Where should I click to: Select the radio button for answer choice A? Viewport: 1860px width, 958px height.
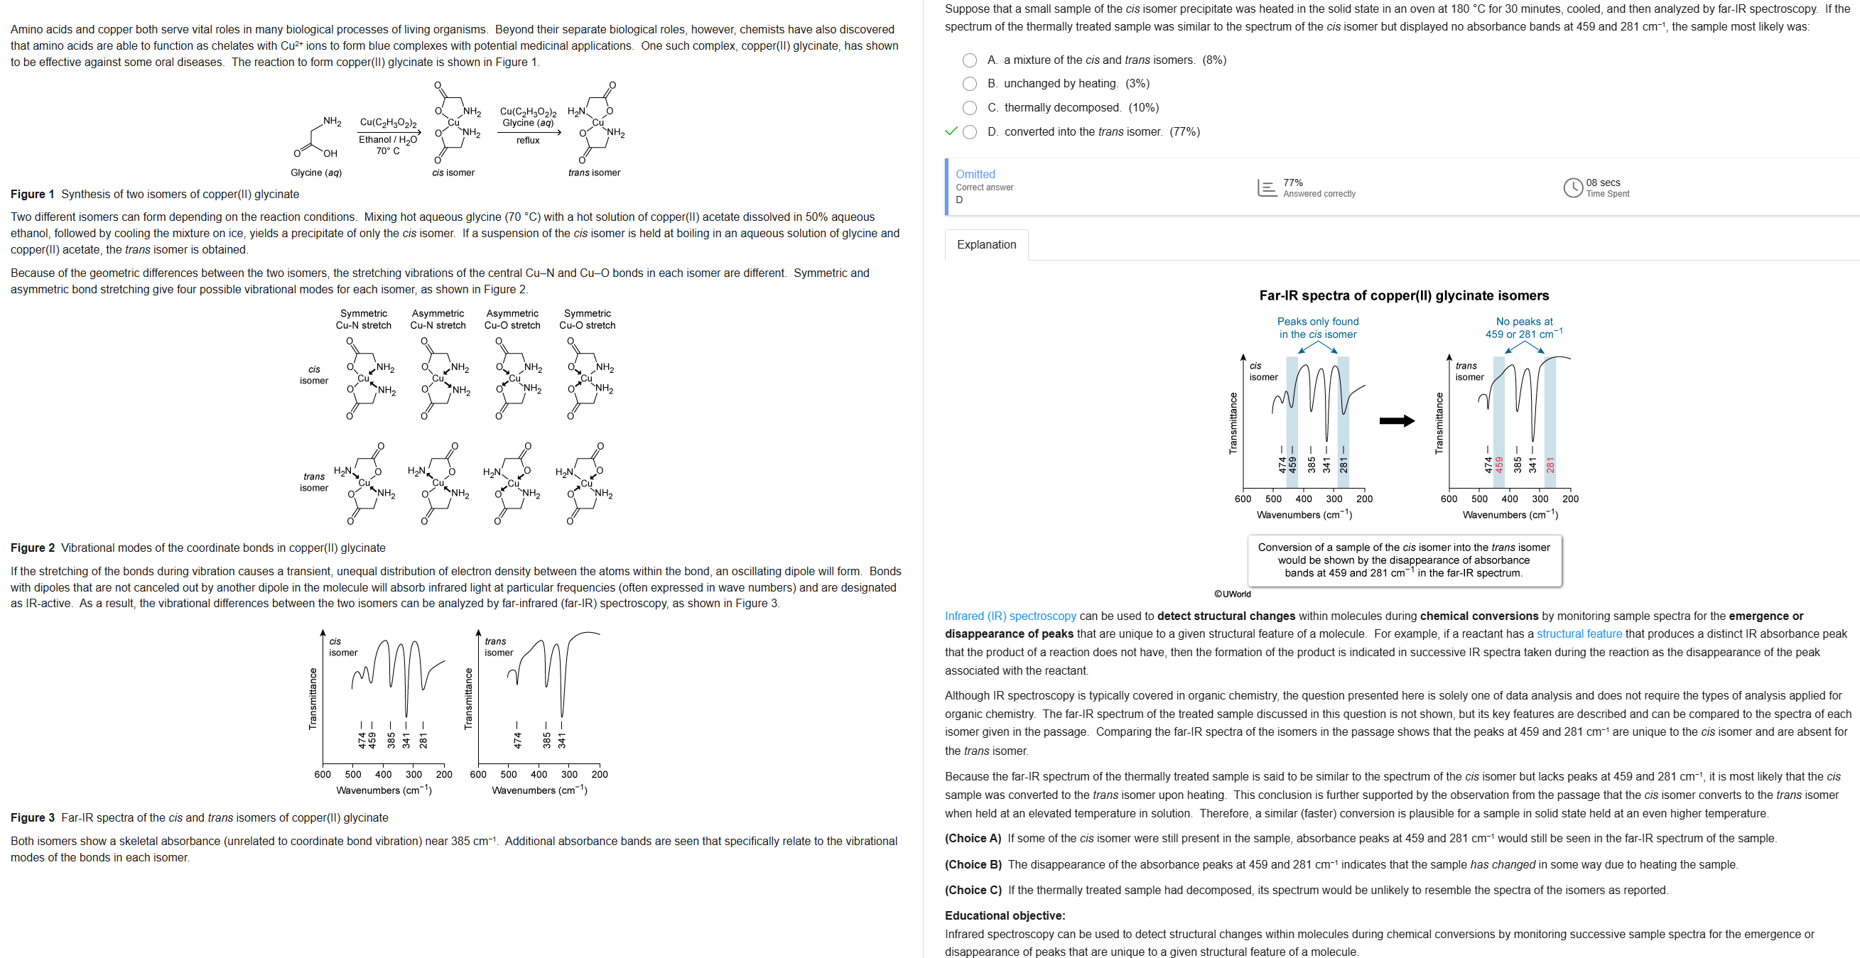coord(970,60)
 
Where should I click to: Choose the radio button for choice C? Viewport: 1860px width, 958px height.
coord(970,107)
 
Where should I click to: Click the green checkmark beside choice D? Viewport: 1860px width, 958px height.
coord(951,131)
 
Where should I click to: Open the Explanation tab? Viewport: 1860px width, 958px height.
coord(985,245)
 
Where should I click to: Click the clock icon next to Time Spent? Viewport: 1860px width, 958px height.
coord(1573,187)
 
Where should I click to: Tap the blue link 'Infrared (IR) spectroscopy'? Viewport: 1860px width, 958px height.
coord(1010,616)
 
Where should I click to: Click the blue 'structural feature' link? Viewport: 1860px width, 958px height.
coord(1579,634)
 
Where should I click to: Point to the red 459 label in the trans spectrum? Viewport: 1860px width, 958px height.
coord(1499,464)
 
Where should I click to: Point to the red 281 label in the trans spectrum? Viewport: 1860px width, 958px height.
coord(1550,464)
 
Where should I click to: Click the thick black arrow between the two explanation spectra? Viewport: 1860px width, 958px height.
coord(1397,420)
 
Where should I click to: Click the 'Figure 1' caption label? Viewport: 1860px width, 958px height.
coord(33,194)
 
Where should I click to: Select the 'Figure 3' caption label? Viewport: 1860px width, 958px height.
coord(33,817)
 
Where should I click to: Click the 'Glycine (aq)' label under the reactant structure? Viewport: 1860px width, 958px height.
coord(315,173)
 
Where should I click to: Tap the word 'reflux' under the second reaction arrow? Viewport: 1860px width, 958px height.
coord(528,140)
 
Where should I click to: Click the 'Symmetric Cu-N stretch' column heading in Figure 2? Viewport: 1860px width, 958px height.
coord(363,319)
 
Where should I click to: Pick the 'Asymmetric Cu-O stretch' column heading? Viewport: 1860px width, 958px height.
coord(512,319)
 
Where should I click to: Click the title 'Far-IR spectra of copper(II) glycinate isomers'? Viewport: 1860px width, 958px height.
coord(1404,295)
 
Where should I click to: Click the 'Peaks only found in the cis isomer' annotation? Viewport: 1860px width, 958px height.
coord(1317,328)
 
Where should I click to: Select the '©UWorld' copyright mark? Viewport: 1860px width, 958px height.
coord(1232,594)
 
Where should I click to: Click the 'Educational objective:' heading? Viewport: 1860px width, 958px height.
coord(1005,915)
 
